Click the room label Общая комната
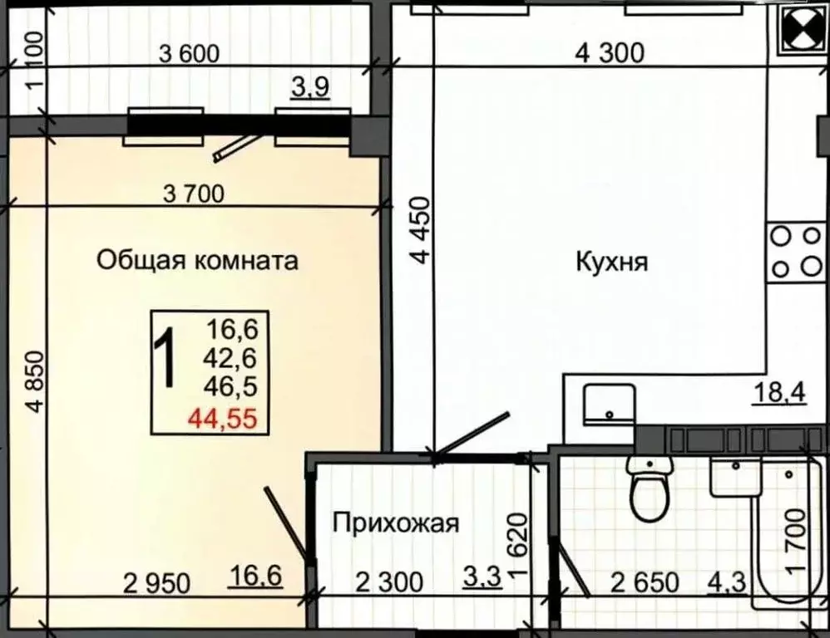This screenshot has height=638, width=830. pyautogui.click(x=197, y=261)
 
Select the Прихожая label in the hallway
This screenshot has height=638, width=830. pyautogui.click(x=395, y=523)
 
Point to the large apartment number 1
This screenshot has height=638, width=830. pyautogui.click(x=168, y=359)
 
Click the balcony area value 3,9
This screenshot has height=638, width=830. pyautogui.click(x=310, y=86)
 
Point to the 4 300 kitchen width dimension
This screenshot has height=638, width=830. pyautogui.click(x=609, y=54)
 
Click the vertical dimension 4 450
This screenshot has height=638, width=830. pyautogui.click(x=424, y=229)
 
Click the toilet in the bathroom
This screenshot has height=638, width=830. pyautogui.click(x=650, y=490)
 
